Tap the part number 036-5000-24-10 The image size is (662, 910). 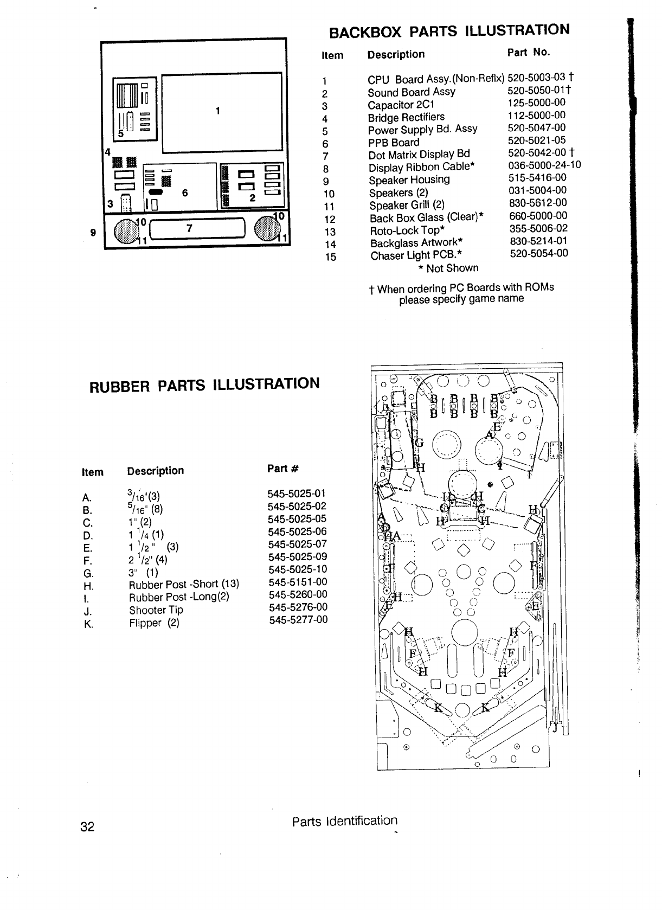pyautogui.click(x=545, y=165)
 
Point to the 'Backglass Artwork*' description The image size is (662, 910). pyautogui.click(x=416, y=243)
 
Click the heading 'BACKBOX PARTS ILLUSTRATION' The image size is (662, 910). pyautogui.click(x=449, y=31)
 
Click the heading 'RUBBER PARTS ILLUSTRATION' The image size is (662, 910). pyautogui.click(x=204, y=384)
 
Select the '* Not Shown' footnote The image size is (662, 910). pyautogui.click(x=448, y=268)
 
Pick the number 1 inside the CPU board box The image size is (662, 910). pyautogui.click(x=217, y=111)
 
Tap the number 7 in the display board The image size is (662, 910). pyautogui.click(x=189, y=228)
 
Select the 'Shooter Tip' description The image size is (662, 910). pyautogui.click(x=156, y=610)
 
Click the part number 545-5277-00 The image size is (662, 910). pyautogui.click(x=298, y=620)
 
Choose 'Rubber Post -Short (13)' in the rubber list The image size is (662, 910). pyautogui.click(x=184, y=585)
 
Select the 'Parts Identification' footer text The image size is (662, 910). pyautogui.click(x=344, y=821)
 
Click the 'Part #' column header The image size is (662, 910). pyautogui.click(x=282, y=469)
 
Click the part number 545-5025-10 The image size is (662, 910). pyautogui.click(x=298, y=569)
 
